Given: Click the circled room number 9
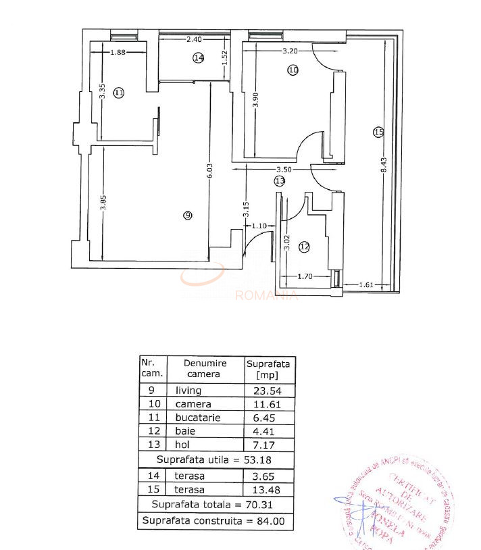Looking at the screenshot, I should click(187, 215).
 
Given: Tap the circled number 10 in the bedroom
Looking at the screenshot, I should click(293, 69).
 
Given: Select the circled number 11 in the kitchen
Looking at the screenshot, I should click(119, 93).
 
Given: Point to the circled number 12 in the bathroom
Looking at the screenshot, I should click(304, 247).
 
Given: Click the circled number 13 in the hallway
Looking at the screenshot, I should click(280, 180).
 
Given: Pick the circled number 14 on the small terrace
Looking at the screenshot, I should click(198, 58).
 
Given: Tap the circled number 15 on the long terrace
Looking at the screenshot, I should click(378, 132).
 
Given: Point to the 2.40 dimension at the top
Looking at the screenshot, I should click(194, 39).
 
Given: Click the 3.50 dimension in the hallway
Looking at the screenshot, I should click(283, 169).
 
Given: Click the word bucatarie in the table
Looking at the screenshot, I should click(198, 418).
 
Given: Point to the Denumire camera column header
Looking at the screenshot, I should click(203, 368).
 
